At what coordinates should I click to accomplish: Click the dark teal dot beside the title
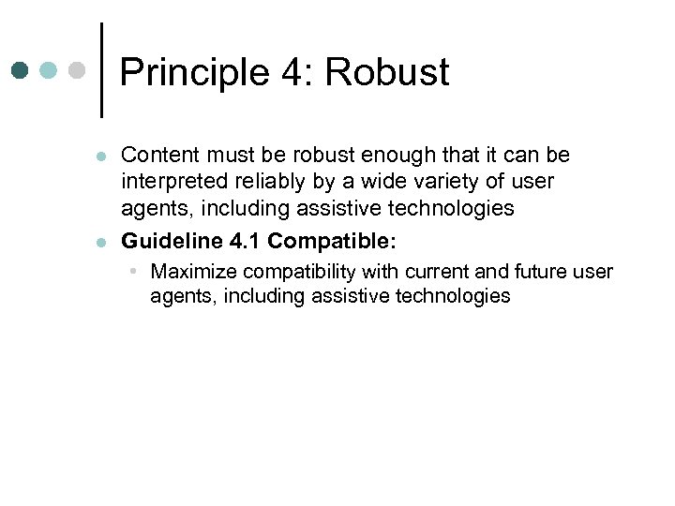pyautogui.click(x=21, y=70)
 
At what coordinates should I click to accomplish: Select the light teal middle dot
pyautogui.click(x=49, y=70)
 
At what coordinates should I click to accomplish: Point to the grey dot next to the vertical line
pyautogui.click(x=77, y=70)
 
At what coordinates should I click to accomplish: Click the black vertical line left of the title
pyautogui.click(x=101, y=70)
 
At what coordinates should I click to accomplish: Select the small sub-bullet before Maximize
pyautogui.click(x=135, y=272)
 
